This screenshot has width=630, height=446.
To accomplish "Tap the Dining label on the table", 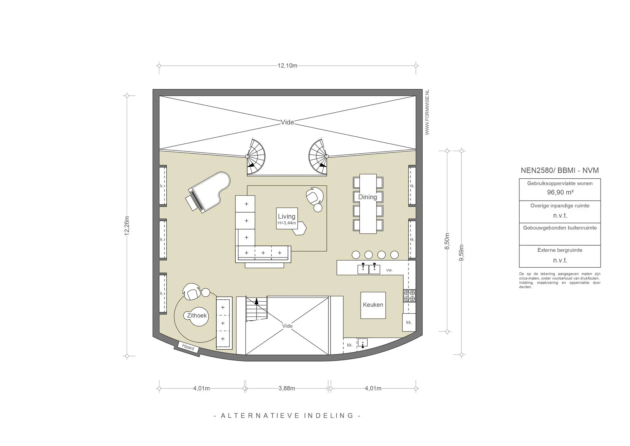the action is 368,197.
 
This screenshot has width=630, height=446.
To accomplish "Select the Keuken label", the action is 373,305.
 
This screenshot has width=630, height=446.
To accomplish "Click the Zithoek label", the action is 197,316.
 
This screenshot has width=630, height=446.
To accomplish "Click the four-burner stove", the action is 409,296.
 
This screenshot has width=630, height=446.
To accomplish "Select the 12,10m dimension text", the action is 287,66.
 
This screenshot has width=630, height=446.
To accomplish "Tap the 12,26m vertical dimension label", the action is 127,226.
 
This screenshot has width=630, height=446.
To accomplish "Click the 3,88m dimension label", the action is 287,388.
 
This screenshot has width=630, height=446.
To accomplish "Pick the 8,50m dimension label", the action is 447,241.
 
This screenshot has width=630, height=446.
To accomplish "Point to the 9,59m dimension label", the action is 461,253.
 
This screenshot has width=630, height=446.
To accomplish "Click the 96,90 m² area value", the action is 560,193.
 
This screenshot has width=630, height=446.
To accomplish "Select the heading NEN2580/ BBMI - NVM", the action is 560,170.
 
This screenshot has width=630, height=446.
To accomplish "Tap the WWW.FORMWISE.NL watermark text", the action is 427,112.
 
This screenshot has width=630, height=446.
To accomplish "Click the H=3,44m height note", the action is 287,223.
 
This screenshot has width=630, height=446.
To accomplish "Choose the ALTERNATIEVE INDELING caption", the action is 287,416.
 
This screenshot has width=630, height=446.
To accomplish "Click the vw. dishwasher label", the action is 389,270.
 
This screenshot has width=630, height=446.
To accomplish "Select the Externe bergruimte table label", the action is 560,250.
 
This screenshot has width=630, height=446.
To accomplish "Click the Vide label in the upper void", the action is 287,122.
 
